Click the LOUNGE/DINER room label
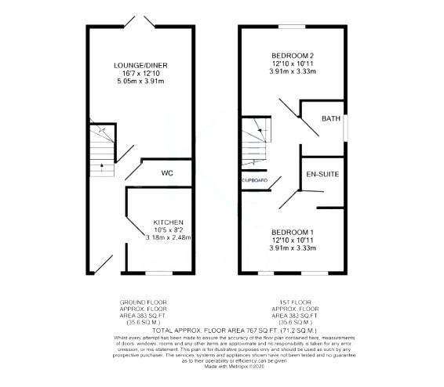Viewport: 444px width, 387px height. point(140,64)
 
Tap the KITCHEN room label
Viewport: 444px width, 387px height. point(168,222)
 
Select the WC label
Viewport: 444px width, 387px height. point(167,172)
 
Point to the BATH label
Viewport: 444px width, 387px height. point(330,119)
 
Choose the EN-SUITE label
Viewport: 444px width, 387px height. point(322,173)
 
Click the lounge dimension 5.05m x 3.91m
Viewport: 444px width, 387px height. point(140,81)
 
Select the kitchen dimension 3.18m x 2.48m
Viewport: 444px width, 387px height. point(168,237)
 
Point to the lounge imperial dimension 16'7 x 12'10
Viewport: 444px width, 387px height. point(140,73)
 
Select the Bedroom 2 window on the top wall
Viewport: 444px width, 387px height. point(293,27)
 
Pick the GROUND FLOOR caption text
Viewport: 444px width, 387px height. point(143,302)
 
